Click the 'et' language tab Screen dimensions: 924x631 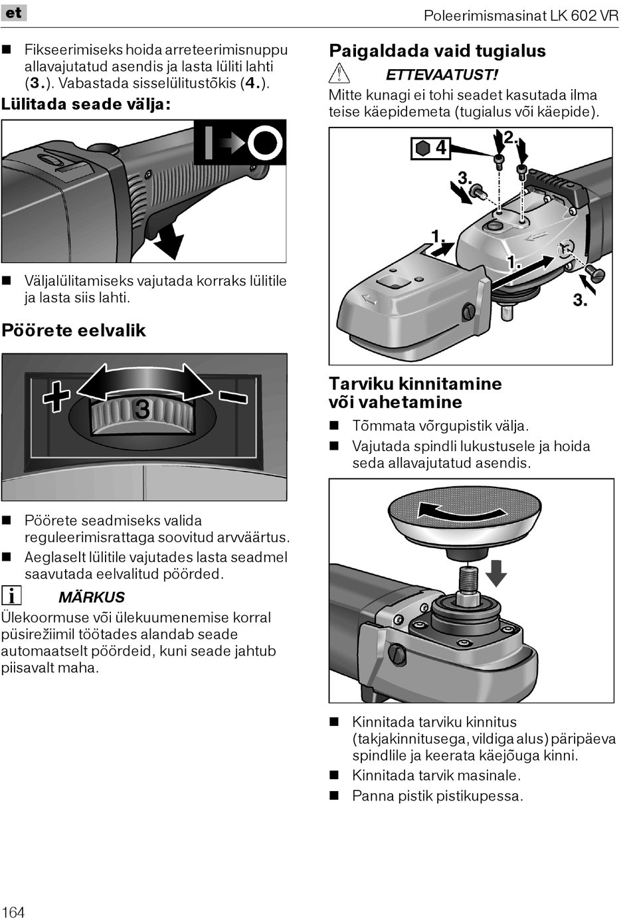13,13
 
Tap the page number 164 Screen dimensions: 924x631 13,911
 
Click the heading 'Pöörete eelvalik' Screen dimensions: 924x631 74,330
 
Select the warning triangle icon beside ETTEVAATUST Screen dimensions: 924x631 339,74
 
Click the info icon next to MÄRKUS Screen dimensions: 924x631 11,596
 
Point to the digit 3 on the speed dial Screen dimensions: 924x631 142,409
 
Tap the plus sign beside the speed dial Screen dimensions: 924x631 56,397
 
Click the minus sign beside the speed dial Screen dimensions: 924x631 233,397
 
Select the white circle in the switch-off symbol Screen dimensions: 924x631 264,143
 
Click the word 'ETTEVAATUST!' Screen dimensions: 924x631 442,74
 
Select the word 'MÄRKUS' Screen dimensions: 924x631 92,597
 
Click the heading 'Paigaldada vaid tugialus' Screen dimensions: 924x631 437,51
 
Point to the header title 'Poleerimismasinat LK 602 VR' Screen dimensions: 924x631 521,15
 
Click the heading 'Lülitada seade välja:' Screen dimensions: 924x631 86,104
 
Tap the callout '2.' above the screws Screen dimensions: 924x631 510,137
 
